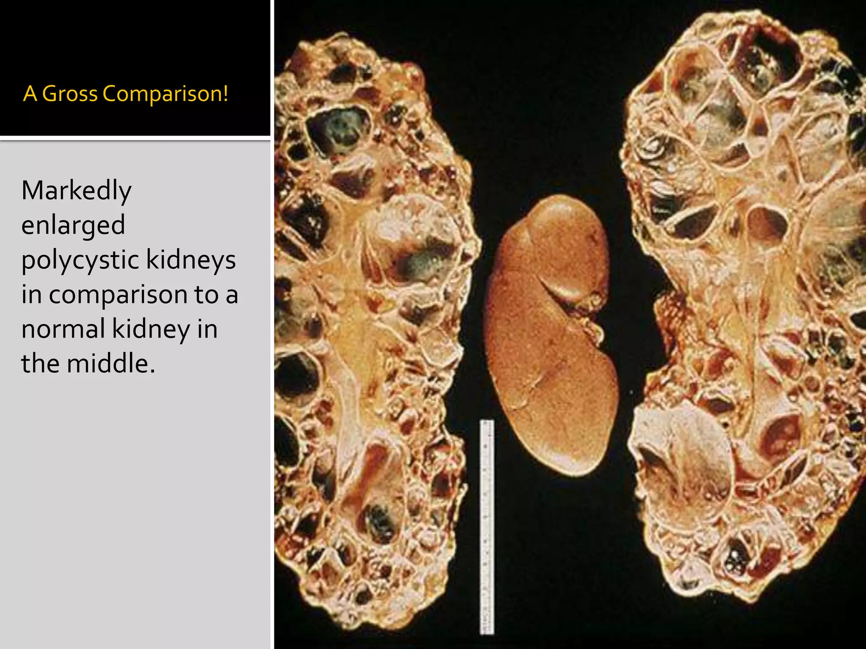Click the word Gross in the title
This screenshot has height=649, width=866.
70,94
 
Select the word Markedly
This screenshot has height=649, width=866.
77,191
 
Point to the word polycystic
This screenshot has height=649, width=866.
80,261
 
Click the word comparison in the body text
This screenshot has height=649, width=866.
118,295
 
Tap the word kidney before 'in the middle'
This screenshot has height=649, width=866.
151,329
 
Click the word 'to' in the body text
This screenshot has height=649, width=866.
206,295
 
